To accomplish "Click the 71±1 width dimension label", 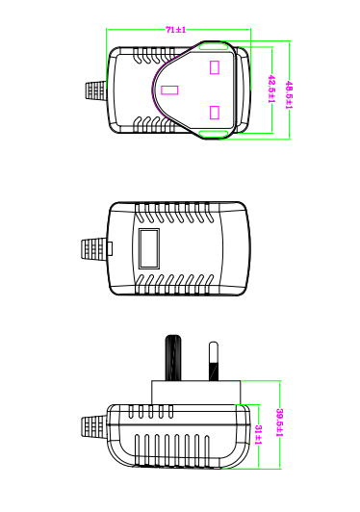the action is [x=176, y=30].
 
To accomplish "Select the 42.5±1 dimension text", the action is [x=271, y=89].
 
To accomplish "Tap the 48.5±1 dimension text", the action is [x=289, y=95].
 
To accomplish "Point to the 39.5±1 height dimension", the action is [x=280, y=422].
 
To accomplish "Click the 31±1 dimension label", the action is [x=258, y=435].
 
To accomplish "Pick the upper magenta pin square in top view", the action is [x=215, y=67].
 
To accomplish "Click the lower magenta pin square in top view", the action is [x=215, y=113].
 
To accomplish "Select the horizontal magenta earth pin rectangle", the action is [x=169, y=90].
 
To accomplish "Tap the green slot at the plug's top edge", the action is [x=214, y=47].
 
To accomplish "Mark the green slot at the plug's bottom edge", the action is [x=214, y=134].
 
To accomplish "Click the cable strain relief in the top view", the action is [x=96, y=90].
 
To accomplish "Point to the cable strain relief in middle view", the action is [x=93, y=249].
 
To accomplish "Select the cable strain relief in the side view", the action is [x=94, y=427].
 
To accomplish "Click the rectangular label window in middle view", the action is [x=149, y=248].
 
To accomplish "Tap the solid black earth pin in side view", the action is [x=173, y=358].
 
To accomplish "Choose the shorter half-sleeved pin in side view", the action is [x=214, y=361].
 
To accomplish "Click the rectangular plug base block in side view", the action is [x=196, y=393].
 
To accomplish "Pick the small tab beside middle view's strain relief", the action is [x=110, y=249].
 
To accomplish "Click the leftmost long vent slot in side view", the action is [x=138, y=449].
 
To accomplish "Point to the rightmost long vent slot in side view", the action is [x=206, y=449].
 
